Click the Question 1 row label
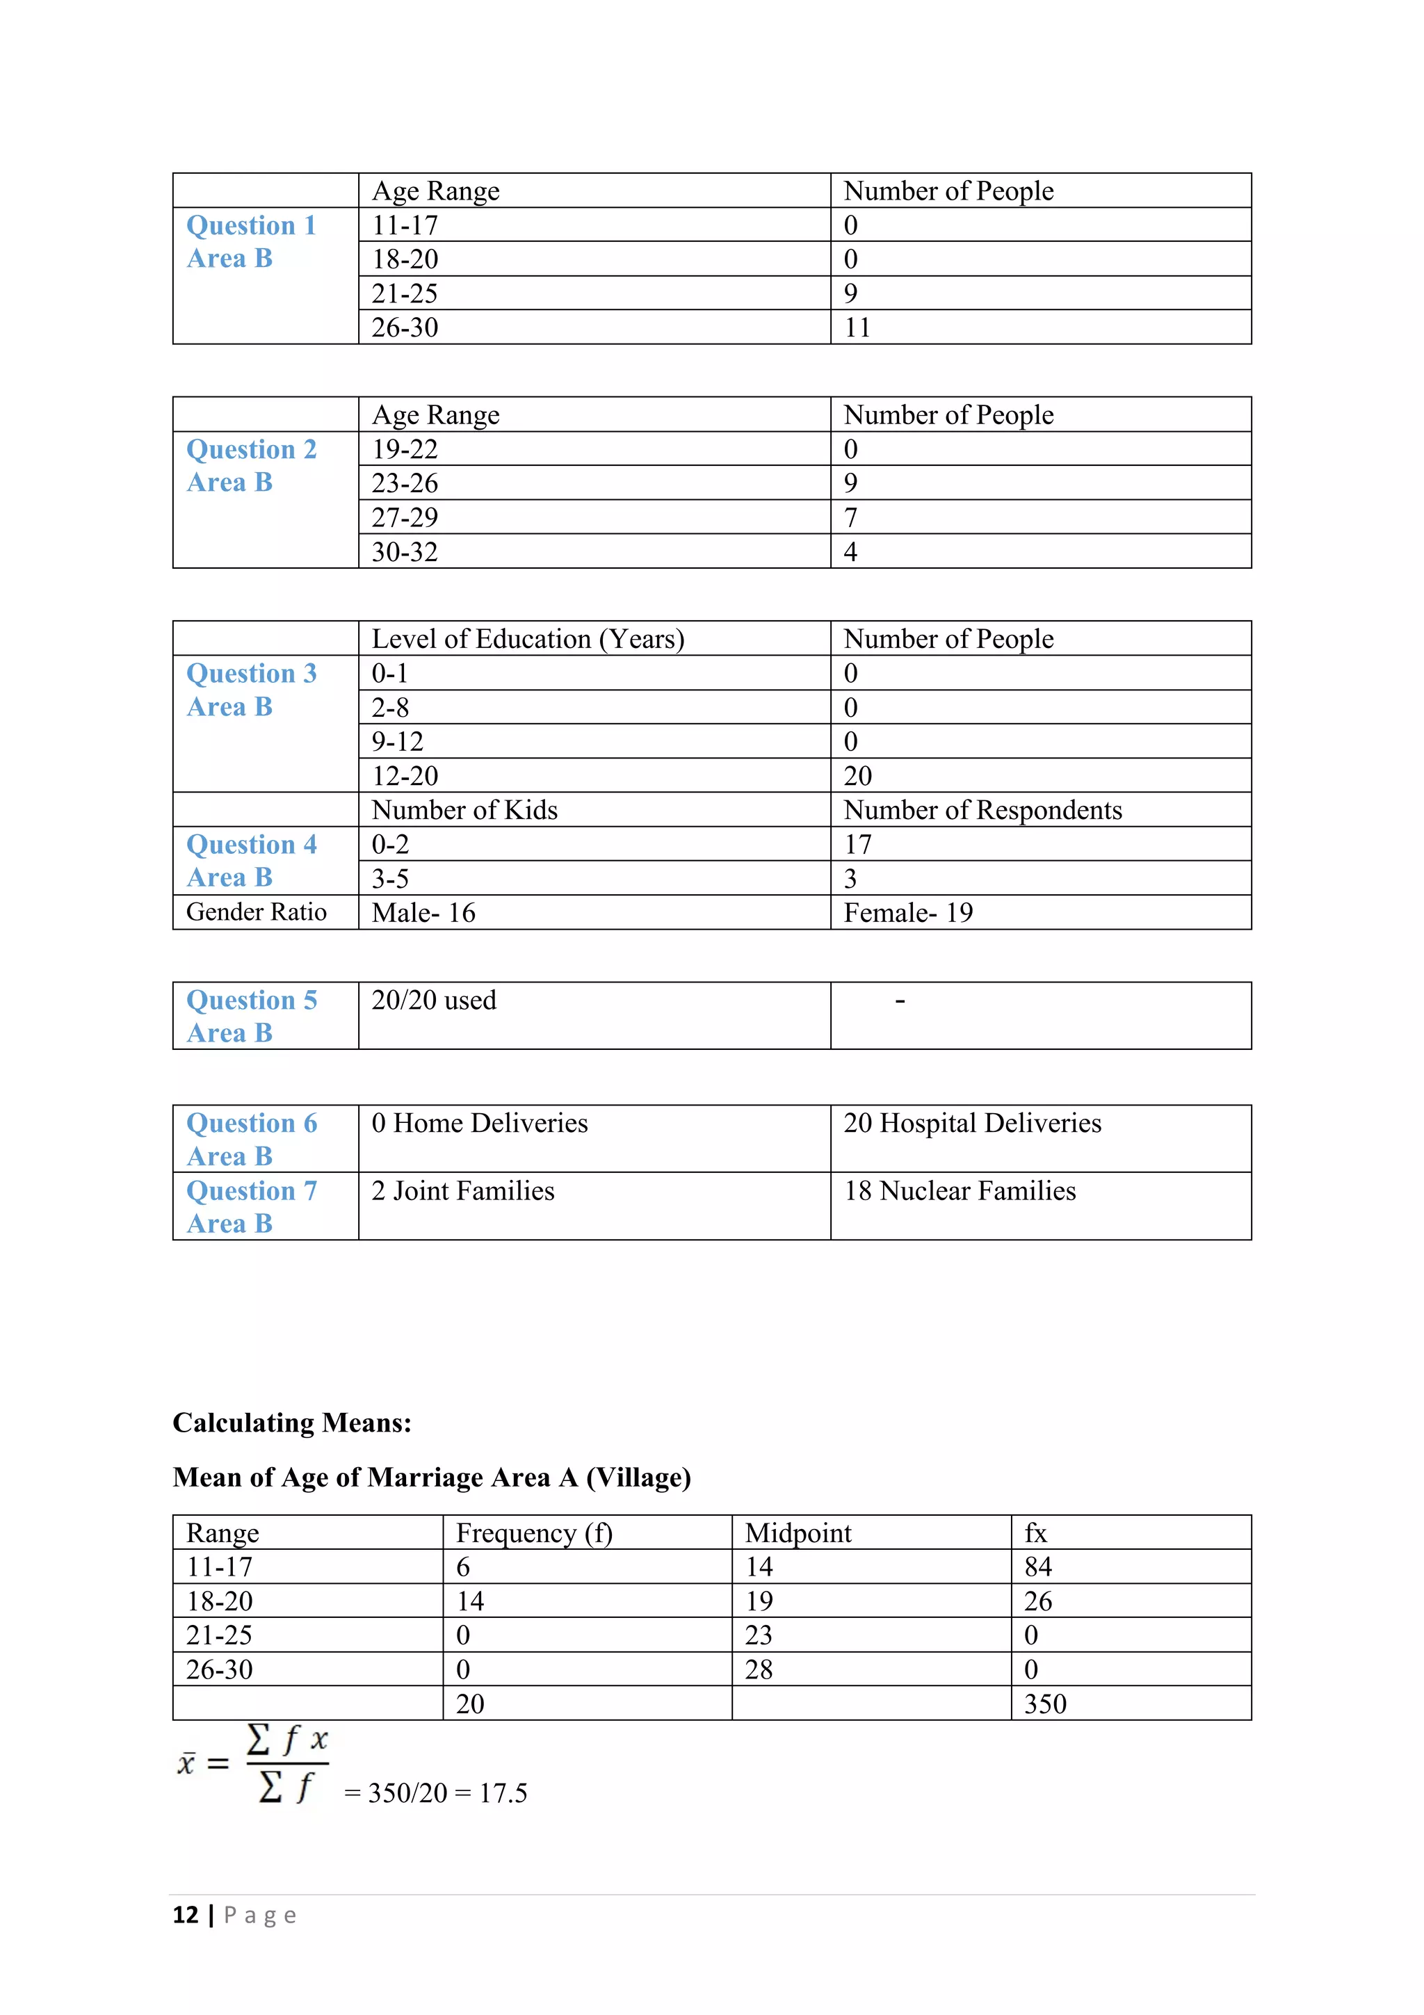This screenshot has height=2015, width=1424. pyautogui.click(x=250, y=225)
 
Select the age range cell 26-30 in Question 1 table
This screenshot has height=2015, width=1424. pyautogui.click(x=405, y=327)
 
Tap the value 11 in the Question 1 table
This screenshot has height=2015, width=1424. pyautogui.click(x=857, y=327)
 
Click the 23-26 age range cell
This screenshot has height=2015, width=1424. pyautogui.click(x=405, y=483)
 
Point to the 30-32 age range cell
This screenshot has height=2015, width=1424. pyautogui.click(x=405, y=552)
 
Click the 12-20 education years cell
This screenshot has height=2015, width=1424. pyautogui.click(x=405, y=776)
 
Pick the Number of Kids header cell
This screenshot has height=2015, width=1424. pyautogui.click(x=464, y=810)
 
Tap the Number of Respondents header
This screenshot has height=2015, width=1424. pyautogui.click(x=982, y=810)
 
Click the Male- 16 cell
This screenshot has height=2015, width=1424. pyautogui.click(x=423, y=913)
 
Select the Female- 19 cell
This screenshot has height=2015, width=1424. pyautogui.click(x=907, y=913)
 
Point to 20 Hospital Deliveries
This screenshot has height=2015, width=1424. pyautogui.click(x=971, y=1124)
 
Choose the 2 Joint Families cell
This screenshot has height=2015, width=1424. pyautogui.click(x=462, y=1191)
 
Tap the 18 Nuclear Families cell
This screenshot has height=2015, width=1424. pyautogui.click(x=959, y=1191)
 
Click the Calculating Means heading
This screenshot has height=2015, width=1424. pyautogui.click(x=291, y=1423)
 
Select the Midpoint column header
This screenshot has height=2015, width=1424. pyautogui.click(x=798, y=1533)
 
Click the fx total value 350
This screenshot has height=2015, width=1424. pyautogui.click(x=1044, y=1704)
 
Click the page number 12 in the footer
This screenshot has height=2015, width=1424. pyautogui.click(x=186, y=1915)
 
